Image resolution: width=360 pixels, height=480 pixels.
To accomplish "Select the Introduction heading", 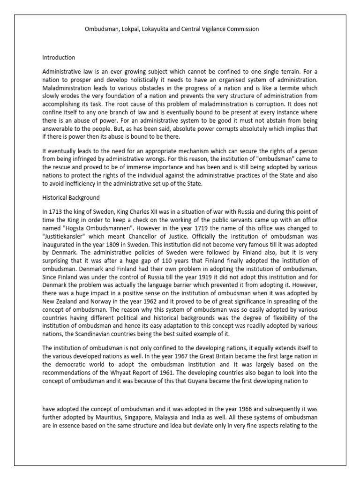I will [x=59, y=58].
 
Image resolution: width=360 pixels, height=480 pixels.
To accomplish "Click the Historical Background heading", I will [x=71, y=198].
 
